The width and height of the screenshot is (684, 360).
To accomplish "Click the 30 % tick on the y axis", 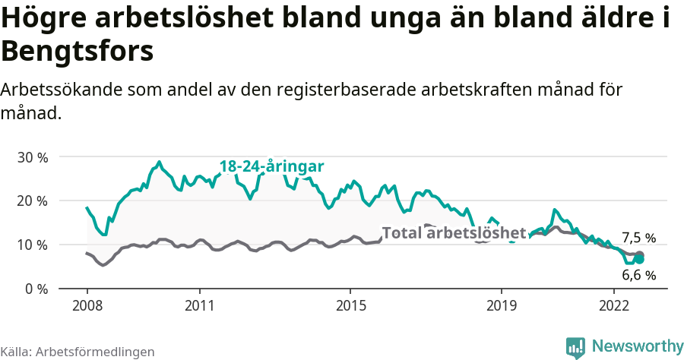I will [x=32, y=157].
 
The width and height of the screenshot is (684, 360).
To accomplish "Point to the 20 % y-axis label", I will [x=32, y=201].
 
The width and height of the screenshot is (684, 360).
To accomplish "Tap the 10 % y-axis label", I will [x=32, y=245].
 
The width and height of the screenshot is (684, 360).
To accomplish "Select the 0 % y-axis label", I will [x=36, y=289].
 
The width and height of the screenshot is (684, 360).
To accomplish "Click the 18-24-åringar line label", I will [x=272, y=166].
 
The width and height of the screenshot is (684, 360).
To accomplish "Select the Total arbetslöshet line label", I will [x=454, y=232].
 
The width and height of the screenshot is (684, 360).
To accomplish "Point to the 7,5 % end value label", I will [x=638, y=238].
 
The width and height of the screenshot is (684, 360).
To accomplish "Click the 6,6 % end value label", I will [x=638, y=275].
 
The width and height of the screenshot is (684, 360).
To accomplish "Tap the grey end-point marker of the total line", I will [x=639, y=255].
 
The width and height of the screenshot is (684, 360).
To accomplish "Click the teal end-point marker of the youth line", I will [x=639, y=260].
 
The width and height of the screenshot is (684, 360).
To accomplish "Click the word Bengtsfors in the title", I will [x=78, y=52].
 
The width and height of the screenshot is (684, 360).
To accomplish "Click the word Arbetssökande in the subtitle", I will [x=65, y=90].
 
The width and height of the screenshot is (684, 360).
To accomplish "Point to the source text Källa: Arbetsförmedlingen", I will [x=78, y=352].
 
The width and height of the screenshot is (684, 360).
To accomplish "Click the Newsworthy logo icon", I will [x=576, y=347].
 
